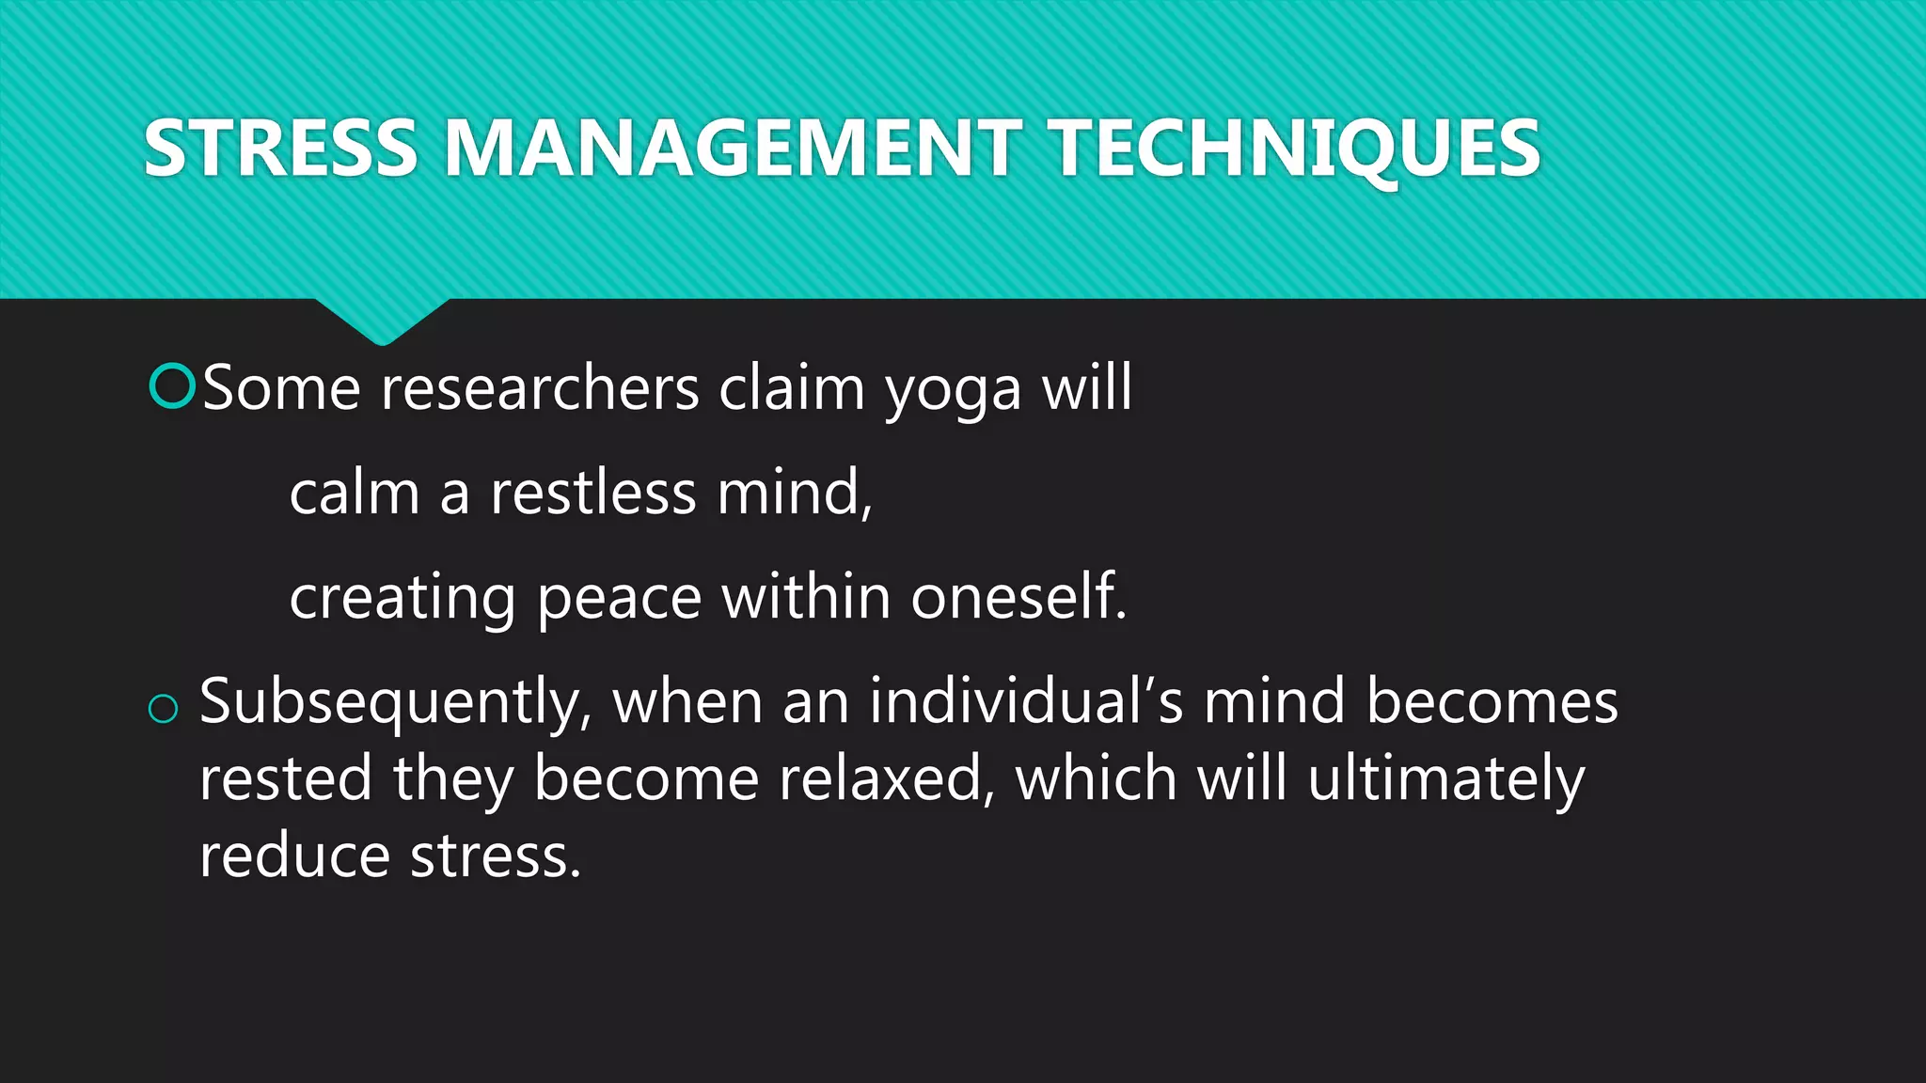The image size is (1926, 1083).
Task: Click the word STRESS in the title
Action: (280, 149)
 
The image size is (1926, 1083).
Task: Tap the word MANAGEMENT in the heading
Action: (733, 149)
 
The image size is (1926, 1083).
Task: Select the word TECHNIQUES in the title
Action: (1295, 149)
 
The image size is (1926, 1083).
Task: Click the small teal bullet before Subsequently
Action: (164, 709)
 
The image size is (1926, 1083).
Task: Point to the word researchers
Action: (540, 387)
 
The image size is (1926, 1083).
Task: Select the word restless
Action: (592, 493)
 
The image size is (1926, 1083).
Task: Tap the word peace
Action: (619, 599)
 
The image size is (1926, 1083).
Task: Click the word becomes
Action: (1492, 701)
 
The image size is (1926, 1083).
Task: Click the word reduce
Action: (294, 856)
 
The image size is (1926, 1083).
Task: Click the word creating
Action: (403, 599)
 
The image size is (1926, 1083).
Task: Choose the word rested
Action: (286, 779)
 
